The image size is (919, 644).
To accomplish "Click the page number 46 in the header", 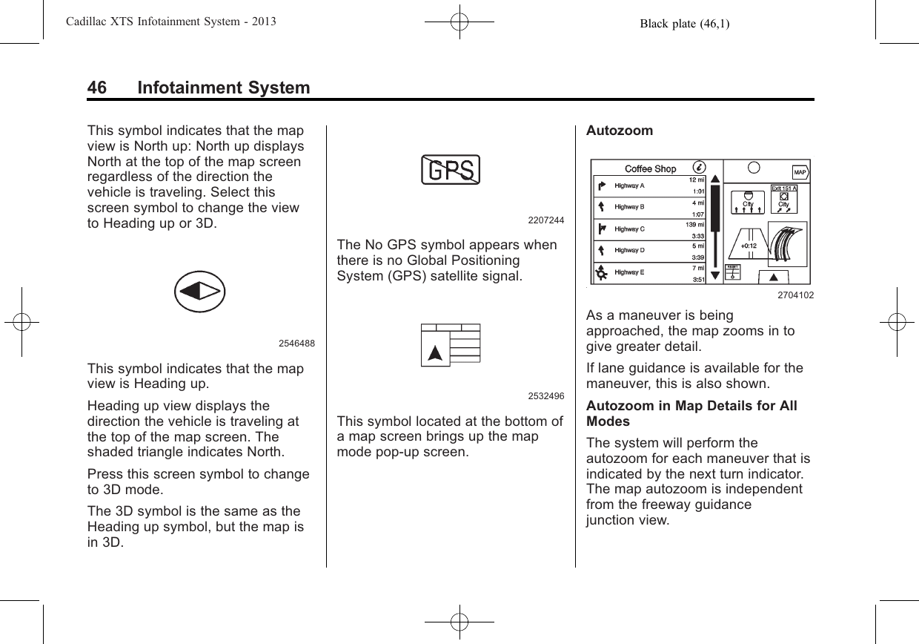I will coord(96,88).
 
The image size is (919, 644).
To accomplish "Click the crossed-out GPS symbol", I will coord(451,170).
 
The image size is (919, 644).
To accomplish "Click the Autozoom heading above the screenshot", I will coord(620,131).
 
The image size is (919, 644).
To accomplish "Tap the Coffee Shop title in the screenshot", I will coord(650,168).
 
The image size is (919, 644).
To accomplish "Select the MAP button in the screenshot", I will coord(800,173).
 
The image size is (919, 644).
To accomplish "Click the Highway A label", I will coord(630,185).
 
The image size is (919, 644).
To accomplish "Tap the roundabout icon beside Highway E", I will coord(602,273).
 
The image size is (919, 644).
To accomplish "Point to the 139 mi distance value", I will coord(694,225).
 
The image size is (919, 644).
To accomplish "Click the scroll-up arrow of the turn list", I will coord(714,179).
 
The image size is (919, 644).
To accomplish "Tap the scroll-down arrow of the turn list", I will coord(714,275).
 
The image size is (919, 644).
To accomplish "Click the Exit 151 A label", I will coord(784,188).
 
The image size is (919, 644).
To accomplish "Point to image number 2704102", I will coord(795,295).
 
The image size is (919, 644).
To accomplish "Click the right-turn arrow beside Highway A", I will coord(602,185).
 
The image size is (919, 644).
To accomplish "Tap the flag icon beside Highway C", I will coord(602,229).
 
